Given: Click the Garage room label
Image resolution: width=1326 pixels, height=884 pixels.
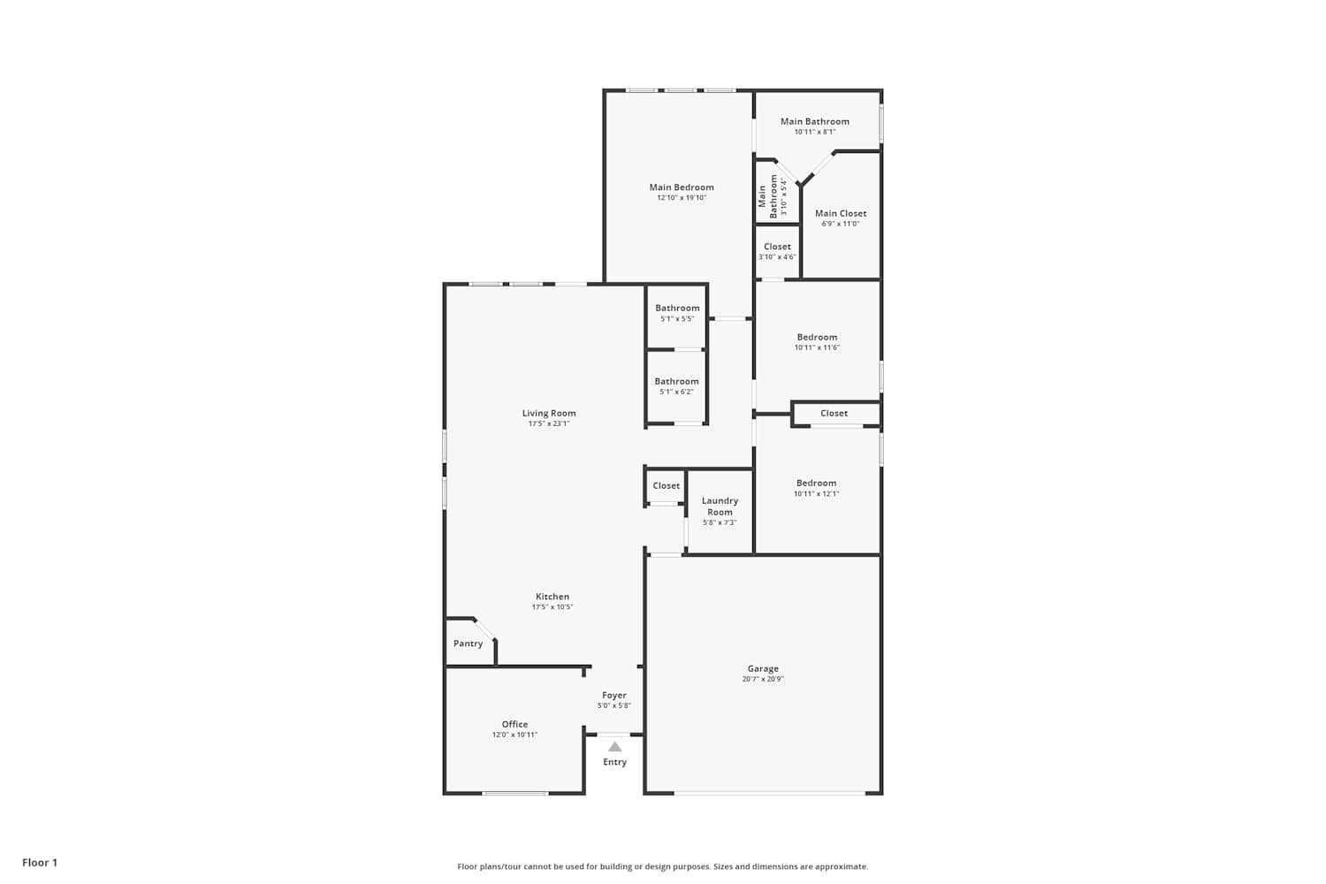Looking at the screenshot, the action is tap(762, 668).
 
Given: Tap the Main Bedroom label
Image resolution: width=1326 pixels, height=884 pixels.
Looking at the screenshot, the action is tap(682, 187).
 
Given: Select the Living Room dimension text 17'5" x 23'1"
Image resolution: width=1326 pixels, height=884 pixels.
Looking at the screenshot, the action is tap(549, 423).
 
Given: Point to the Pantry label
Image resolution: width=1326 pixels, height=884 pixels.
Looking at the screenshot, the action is tap(468, 643).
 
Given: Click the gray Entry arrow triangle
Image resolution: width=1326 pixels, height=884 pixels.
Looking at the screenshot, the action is tap(615, 747).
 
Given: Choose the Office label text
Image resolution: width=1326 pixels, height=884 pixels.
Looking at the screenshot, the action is tap(514, 724).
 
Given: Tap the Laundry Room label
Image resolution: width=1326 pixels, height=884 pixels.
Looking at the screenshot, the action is tap(720, 507).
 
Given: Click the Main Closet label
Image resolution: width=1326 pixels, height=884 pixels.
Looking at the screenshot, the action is tap(841, 213).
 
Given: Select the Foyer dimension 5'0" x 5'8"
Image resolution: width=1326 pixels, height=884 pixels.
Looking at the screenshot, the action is tap(613, 705).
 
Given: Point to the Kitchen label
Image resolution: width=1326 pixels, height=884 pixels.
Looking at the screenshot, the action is tap(552, 596).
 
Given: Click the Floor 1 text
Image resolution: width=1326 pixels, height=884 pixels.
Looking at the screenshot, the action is tap(40, 863).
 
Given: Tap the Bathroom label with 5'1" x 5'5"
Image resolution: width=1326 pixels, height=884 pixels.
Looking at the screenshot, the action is tap(677, 308).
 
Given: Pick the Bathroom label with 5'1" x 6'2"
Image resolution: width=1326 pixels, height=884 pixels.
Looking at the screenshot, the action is tap(676, 381).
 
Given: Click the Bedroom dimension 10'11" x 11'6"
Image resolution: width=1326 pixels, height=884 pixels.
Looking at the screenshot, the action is tap(817, 347).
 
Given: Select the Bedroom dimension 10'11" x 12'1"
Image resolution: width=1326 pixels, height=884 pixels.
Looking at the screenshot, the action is tap(816, 493).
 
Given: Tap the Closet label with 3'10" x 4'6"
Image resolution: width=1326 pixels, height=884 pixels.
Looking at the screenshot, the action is tap(777, 247).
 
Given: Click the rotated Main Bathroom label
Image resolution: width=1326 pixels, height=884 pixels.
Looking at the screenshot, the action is tap(768, 196).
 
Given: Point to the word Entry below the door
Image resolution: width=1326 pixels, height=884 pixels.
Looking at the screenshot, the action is tap(614, 762).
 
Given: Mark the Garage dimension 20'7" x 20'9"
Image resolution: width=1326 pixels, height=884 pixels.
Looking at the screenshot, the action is tap(762, 679).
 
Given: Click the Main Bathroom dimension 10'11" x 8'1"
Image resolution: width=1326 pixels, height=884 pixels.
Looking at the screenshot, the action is tap(814, 132).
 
